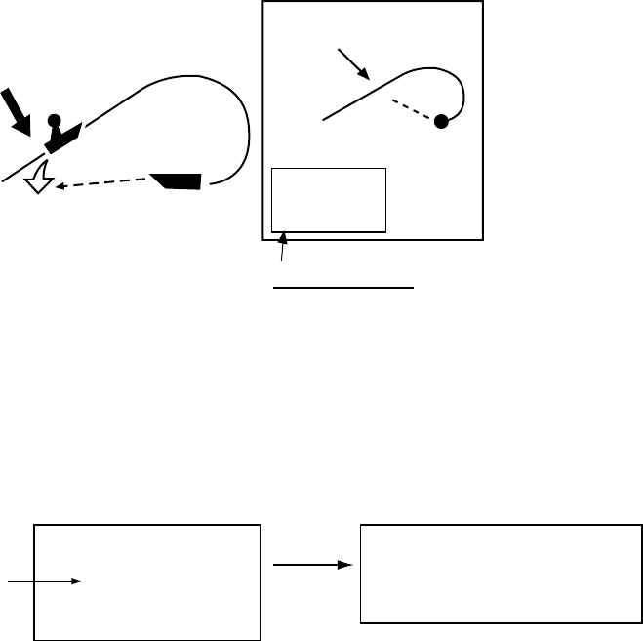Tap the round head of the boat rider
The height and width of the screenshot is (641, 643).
point(56,121)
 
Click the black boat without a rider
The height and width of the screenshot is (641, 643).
point(179,180)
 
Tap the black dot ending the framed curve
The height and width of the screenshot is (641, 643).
point(441,122)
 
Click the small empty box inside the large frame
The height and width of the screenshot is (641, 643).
point(329,200)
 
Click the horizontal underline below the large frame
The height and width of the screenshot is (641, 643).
point(343,289)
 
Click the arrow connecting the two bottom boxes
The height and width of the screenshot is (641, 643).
point(311,564)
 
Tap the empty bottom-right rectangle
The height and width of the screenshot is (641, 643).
point(502,574)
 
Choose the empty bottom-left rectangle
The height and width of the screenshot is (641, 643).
point(147,582)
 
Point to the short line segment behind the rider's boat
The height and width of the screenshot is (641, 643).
point(22,168)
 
